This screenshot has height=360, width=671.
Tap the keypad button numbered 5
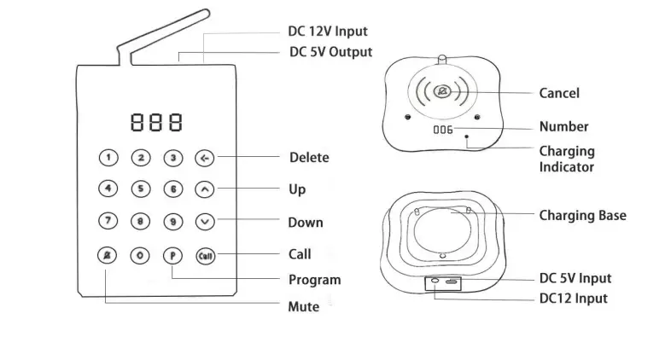click(x=141, y=189)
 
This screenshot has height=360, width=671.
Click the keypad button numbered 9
click(x=173, y=221)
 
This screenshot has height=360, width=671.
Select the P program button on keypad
click(x=173, y=254)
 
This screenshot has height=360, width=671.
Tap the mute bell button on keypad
click(x=108, y=254)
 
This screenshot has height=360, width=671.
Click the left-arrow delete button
click(x=205, y=158)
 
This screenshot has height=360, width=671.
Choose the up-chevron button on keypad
click(x=205, y=189)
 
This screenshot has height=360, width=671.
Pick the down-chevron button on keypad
click(x=205, y=221)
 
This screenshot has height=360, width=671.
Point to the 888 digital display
click(x=156, y=123)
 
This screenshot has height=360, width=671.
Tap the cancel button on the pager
click(x=442, y=91)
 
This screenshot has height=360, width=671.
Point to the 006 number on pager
click(x=442, y=130)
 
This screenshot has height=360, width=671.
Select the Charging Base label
click(x=582, y=216)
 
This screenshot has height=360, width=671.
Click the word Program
click(x=315, y=280)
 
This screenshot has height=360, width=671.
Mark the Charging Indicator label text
click(x=567, y=159)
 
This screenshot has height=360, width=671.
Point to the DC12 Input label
click(x=573, y=299)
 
